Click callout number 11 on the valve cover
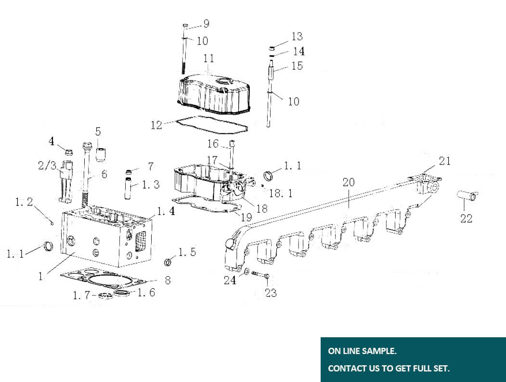[208, 58]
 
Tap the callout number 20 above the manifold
[349, 182]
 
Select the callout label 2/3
[48, 166]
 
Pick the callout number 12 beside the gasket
[156, 125]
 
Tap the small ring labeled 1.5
[169, 262]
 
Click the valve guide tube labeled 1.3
[130, 186]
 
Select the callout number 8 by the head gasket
[168, 280]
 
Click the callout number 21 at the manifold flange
[445, 161]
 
